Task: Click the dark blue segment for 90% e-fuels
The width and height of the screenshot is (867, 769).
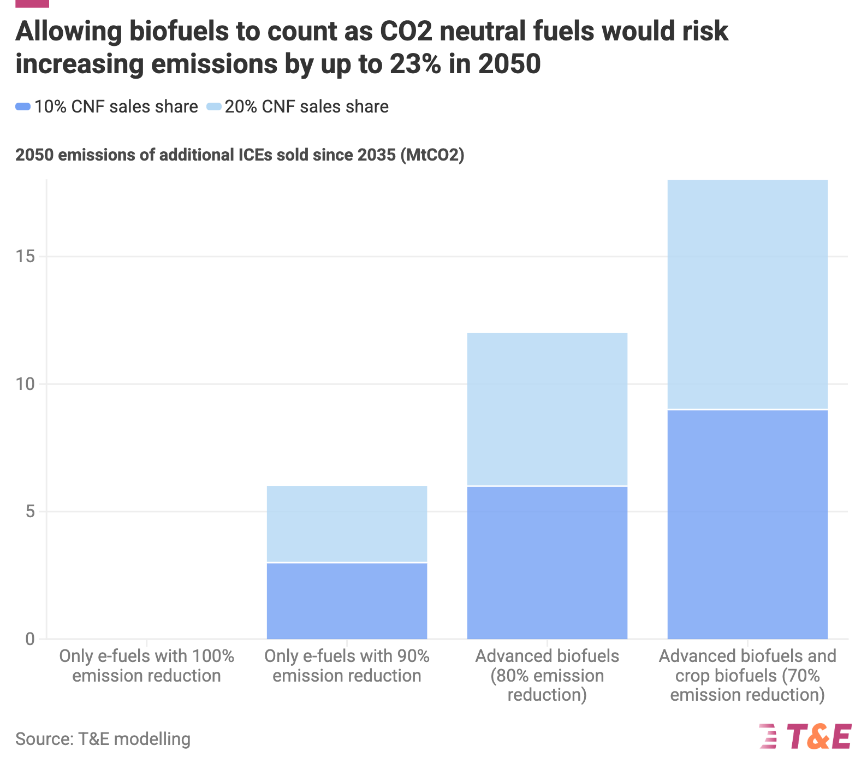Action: (347, 601)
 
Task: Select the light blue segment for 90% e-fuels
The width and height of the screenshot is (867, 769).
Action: (347, 524)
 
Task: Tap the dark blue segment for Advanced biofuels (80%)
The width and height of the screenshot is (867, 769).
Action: (547, 563)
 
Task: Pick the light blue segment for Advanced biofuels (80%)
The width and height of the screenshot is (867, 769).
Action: (547, 409)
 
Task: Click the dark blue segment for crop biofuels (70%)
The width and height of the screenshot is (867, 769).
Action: (747, 524)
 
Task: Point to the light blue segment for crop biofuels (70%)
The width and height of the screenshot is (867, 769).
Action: (747, 294)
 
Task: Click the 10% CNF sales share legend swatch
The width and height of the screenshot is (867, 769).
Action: (23, 107)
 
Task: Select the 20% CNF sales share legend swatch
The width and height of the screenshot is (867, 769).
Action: (213, 107)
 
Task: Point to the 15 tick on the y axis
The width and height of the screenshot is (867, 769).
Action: (25, 257)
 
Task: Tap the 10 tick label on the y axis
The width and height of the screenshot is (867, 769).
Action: (25, 384)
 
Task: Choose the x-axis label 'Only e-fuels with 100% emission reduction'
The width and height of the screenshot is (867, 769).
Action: (146, 666)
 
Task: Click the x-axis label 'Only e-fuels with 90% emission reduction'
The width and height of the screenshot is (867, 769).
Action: (347, 666)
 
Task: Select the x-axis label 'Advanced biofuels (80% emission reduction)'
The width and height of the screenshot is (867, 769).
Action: (547, 675)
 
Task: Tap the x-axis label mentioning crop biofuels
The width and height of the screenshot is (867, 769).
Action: (747, 675)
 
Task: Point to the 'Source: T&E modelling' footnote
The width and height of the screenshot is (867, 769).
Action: (103, 739)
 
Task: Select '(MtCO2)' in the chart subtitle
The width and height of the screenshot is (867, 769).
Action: (432, 155)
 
